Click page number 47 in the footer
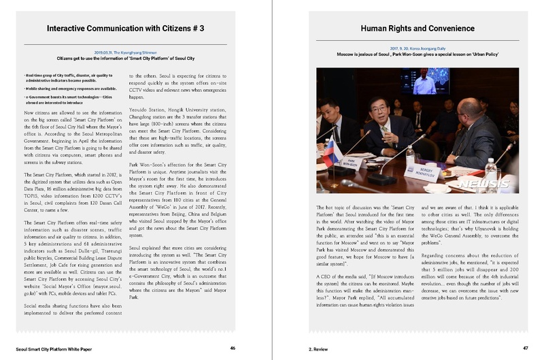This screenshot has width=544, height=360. click(525, 348)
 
